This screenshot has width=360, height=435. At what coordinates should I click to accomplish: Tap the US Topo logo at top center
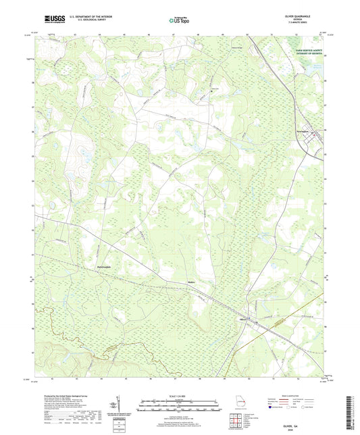pyautogui.click(x=180, y=22)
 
